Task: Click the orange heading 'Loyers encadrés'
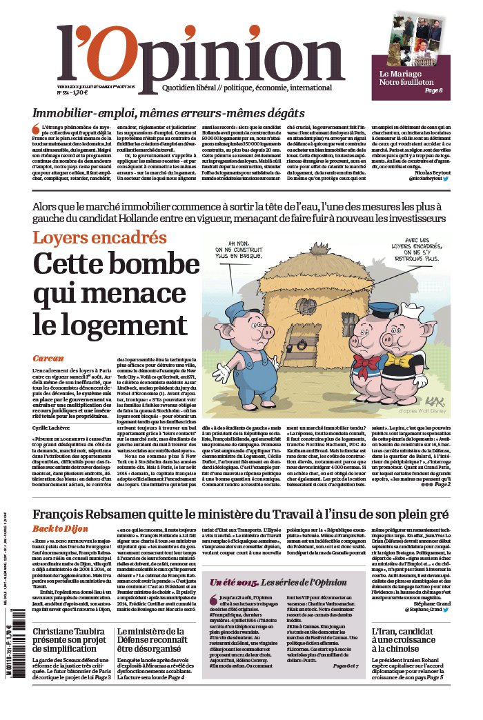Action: [x=99, y=238]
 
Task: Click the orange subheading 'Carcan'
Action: [x=48, y=358]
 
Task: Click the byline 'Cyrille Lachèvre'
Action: [x=56, y=428]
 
